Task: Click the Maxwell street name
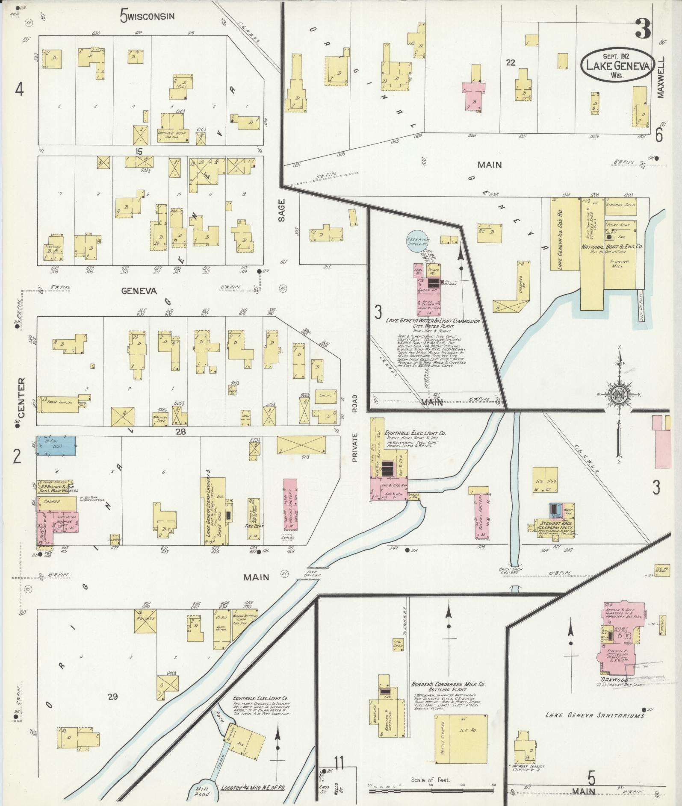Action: point(661,77)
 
